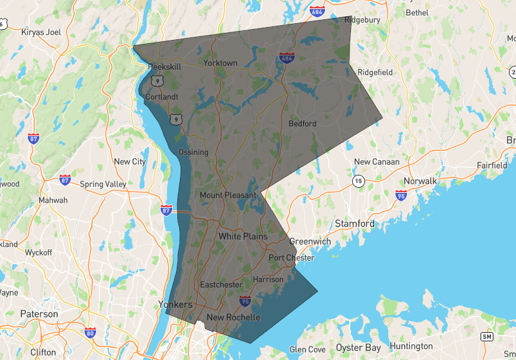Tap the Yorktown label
coord(220,63)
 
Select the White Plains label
coord(243,237)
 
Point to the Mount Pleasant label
coord(228,195)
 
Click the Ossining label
coord(193,152)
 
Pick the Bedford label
coord(302,123)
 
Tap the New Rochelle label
coord(233,317)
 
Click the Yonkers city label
coord(175,304)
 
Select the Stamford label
coord(354,224)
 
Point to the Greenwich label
coord(310,242)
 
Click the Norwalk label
coord(421,181)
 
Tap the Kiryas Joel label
coord(41,32)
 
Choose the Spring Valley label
coord(103,184)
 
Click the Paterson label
coord(39,314)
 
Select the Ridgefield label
coord(375,72)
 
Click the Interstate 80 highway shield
coord(90,332)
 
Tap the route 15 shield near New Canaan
coord(357,182)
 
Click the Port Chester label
coord(292,258)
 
